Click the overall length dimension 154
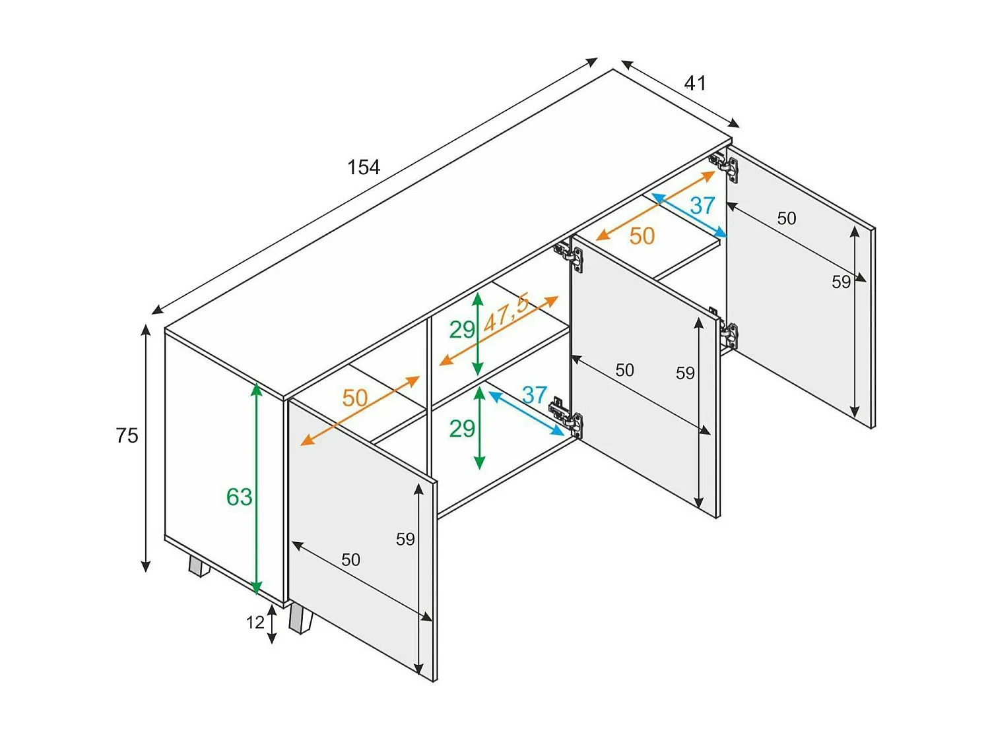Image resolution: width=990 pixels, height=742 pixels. pyautogui.click(x=364, y=168)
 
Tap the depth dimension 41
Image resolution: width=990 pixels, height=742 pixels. pyautogui.click(x=695, y=83)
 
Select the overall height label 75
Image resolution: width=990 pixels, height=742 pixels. pyautogui.click(x=127, y=436)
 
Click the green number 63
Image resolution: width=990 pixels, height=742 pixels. pyautogui.click(x=239, y=497)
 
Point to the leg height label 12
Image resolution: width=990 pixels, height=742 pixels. pyautogui.click(x=255, y=623)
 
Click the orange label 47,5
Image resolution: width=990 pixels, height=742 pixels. pyautogui.click(x=506, y=315)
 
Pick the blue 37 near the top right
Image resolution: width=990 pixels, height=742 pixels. pyautogui.click(x=702, y=206)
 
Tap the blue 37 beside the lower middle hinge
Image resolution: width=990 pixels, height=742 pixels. pyautogui.click(x=534, y=395)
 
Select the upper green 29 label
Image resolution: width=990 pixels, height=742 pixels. pyautogui.click(x=462, y=329)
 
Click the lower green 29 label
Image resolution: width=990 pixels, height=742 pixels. pyautogui.click(x=462, y=429)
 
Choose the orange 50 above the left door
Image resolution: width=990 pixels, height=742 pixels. pyautogui.click(x=354, y=398)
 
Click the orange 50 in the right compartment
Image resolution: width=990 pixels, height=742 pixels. pyautogui.click(x=642, y=236)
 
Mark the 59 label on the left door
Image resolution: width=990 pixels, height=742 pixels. pyautogui.click(x=405, y=540)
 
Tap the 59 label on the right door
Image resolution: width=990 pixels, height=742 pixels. pyautogui.click(x=841, y=282)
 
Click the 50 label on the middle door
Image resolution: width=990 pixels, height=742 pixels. pyautogui.click(x=624, y=371)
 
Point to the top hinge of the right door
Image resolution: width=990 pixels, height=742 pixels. pyautogui.click(x=725, y=166)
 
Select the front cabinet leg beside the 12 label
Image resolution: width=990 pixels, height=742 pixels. pyautogui.click(x=300, y=620)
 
